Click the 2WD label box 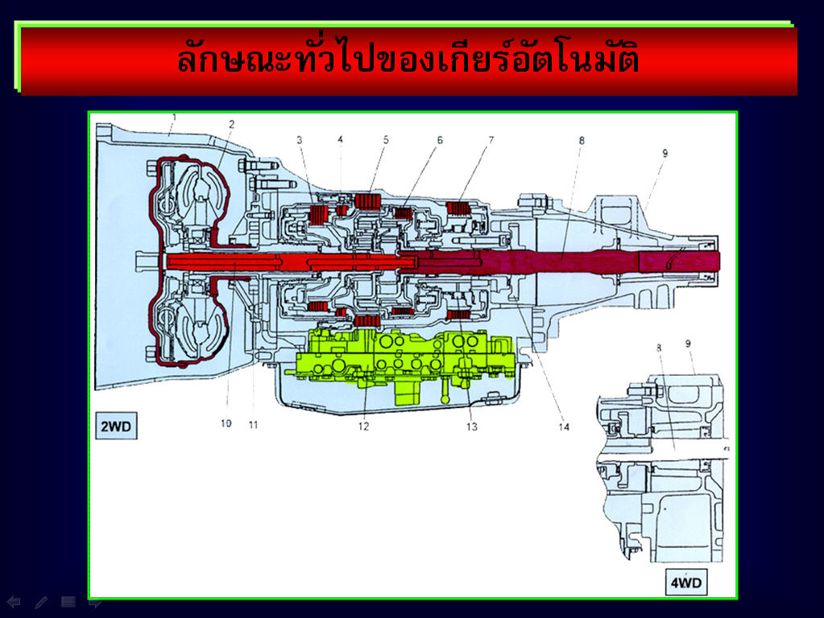[116, 426]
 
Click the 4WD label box [685, 583]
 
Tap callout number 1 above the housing [175, 117]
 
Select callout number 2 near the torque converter [231, 125]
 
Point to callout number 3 [300, 140]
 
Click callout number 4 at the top [340, 139]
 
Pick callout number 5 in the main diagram [386, 140]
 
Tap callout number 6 [440, 140]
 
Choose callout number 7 [491, 140]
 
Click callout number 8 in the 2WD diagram [582, 140]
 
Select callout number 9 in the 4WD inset [688, 344]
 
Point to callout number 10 [226, 423]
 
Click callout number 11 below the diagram [253, 425]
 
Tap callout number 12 [363, 426]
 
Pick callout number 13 [471, 426]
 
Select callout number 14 [564, 426]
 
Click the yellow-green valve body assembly [404, 362]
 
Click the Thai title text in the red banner [408, 58]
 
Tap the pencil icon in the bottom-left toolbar [41, 602]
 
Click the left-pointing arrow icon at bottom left [14, 602]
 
